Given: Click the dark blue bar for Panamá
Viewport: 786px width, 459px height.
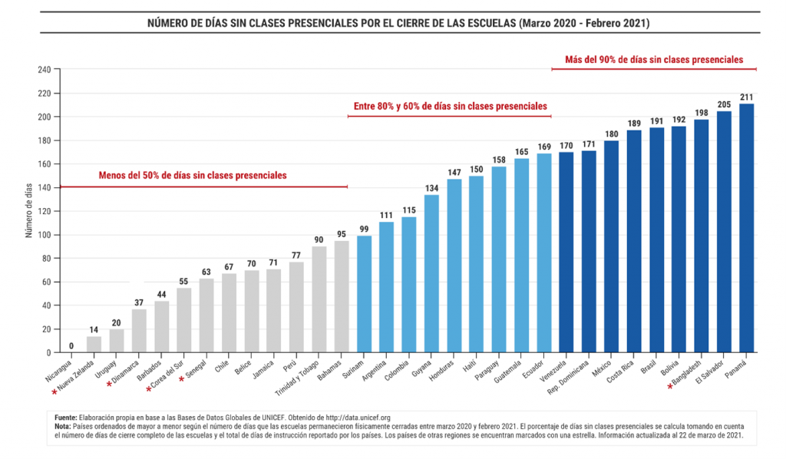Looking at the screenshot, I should [746, 228].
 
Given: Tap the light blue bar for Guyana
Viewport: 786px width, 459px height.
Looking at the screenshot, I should [431, 273].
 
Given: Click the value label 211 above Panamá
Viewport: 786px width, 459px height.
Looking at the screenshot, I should [746, 97].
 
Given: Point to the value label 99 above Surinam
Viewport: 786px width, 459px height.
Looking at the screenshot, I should [364, 229].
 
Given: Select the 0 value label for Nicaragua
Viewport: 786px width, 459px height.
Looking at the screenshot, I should [71, 346].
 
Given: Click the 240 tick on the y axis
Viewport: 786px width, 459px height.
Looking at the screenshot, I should [44, 70].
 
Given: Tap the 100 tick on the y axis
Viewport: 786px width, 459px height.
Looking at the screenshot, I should [44, 235].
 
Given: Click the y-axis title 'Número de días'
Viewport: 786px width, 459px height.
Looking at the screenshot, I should [29, 211].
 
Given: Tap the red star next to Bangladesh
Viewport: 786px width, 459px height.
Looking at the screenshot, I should [671, 388].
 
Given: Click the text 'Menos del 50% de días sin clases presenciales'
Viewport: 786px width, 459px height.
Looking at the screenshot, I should [193, 176].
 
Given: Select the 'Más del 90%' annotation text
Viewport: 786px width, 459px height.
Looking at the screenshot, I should [653, 59].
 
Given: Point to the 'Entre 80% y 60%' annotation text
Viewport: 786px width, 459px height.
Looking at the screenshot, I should [450, 106].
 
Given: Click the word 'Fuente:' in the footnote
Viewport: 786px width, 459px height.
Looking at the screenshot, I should [67, 417].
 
